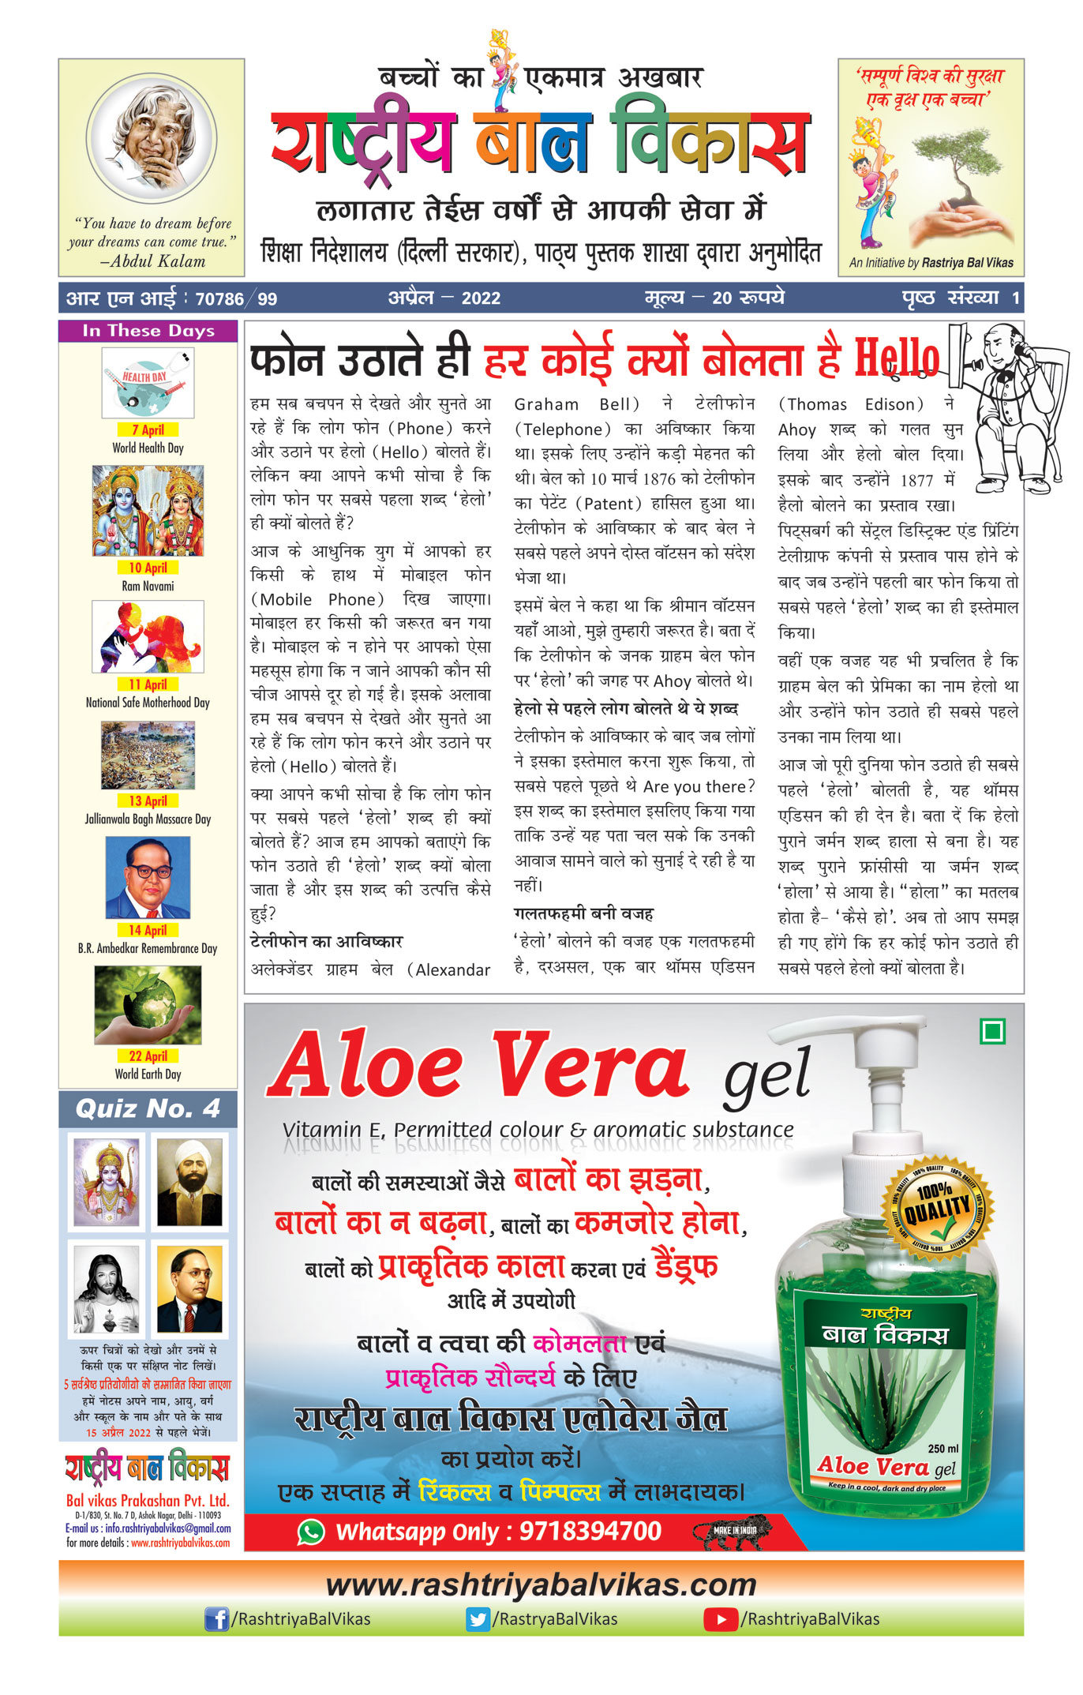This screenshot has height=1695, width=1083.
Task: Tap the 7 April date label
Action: tap(148, 430)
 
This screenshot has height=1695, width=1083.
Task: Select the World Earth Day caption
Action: tap(148, 1074)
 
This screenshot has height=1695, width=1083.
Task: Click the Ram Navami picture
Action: tap(148, 511)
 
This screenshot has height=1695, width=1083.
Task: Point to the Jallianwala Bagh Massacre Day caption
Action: tap(148, 819)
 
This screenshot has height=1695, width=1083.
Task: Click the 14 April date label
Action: tap(148, 930)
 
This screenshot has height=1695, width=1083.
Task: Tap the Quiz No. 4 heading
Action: tap(148, 1109)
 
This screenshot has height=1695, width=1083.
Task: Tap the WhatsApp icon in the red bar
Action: tap(311, 1532)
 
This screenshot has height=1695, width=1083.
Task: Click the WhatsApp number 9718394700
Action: tap(590, 1532)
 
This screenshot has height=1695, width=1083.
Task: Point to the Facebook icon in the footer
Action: tap(216, 1620)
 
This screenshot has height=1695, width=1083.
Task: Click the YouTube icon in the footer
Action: tap(720, 1620)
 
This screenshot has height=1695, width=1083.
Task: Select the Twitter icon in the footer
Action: tap(477, 1620)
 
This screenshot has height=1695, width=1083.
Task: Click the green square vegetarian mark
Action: tap(992, 1031)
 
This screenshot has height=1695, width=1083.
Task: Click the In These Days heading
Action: tap(148, 331)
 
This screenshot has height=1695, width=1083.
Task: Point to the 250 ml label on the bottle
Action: tap(942, 1449)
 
